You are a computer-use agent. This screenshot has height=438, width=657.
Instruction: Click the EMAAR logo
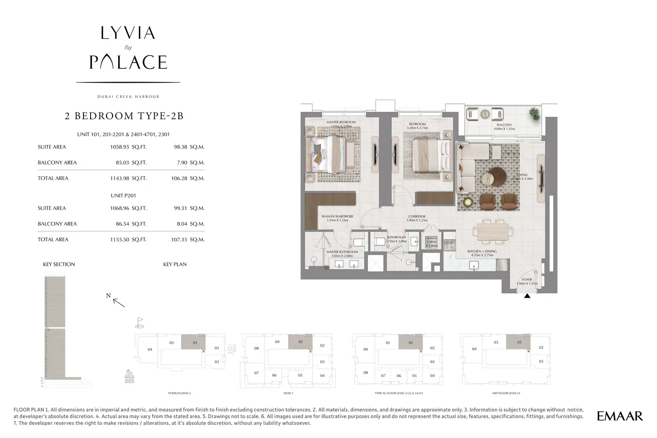pyautogui.click(x=619, y=415)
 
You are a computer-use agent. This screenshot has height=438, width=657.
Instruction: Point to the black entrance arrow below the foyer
pyautogui.click(x=527, y=296)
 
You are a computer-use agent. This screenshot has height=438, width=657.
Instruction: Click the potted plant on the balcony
pyautogui.click(x=534, y=113)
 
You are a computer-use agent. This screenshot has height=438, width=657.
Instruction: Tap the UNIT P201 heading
pyautogui.click(x=123, y=196)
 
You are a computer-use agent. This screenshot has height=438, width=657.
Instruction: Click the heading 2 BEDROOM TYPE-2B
pyautogui.click(x=124, y=116)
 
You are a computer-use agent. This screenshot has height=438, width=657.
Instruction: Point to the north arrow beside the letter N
pyautogui.click(x=119, y=303)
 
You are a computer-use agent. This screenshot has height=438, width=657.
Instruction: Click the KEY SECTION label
pyautogui.click(x=59, y=264)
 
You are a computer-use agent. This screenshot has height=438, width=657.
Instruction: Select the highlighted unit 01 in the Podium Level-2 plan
pyautogui.click(x=194, y=342)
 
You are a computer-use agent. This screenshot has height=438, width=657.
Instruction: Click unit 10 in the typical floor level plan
pyautogui.click(x=387, y=343)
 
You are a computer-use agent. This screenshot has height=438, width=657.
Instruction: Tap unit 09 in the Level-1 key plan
pyautogui.click(x=277, y=342)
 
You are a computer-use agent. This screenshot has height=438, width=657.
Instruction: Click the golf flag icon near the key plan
pyautogui.click(x=139, y=322)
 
